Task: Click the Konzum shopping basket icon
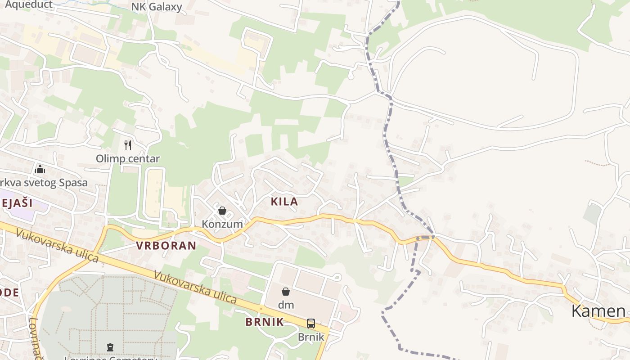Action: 222,211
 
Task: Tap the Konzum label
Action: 222,224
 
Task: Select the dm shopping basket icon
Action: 285,292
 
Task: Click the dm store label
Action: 286,305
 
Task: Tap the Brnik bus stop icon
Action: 310,323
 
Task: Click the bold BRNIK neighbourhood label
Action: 265,322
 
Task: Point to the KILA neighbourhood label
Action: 284,202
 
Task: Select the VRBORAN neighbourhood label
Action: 166,245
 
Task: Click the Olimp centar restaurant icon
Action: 128,145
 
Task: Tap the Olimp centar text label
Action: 128,158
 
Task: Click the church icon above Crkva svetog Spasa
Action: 40,169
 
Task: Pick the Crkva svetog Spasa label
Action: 43,183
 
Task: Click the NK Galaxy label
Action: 157,7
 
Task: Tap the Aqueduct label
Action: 28,5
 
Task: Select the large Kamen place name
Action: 598,310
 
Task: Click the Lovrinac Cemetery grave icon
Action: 110,347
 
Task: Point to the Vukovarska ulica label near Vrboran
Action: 57,246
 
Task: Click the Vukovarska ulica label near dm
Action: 195,287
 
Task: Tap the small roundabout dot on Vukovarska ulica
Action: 261,309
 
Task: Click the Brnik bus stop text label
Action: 311,337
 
